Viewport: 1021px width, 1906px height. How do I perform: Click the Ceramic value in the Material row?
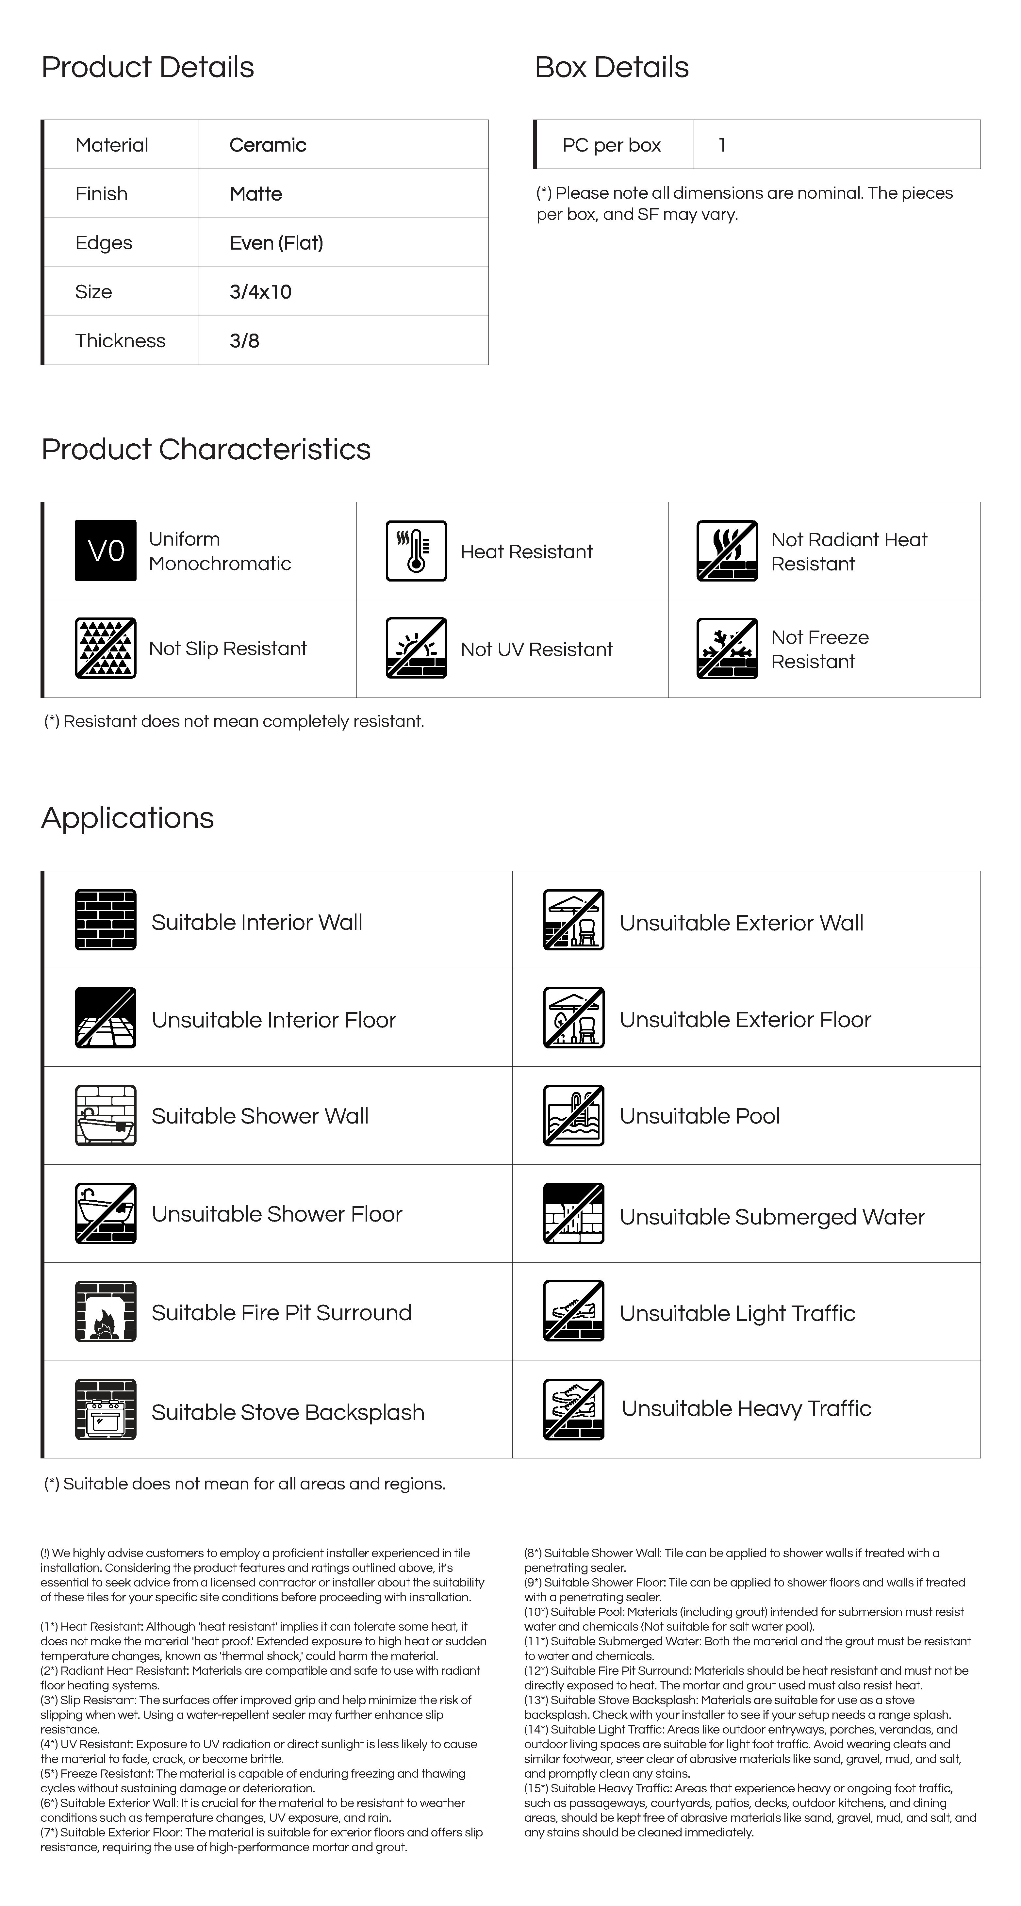coord(268,145)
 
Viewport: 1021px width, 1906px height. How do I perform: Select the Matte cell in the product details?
coord(256,194)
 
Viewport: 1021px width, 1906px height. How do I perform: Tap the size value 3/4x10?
coord(260,291)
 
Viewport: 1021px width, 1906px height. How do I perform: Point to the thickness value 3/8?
coord(244,341)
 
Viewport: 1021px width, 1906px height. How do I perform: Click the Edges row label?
coord(104,243)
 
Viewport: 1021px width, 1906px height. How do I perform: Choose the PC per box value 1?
coord(722,145)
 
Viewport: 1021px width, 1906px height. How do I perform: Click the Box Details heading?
coord(611,67)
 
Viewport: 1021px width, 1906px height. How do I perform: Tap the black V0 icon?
coord(106,550)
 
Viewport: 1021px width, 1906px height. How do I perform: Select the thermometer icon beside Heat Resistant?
coord(417,550)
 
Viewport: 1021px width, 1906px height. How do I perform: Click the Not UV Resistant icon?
coord(417,648)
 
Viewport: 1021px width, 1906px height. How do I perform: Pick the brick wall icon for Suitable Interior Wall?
coord(106,920)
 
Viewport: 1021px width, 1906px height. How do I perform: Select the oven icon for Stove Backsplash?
coord(106,1409)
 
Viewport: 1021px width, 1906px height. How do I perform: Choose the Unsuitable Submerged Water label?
coord(772,1217)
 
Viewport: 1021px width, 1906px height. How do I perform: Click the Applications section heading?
coord(127,818)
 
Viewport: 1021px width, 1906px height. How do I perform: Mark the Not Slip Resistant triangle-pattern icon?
coord(106,648)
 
